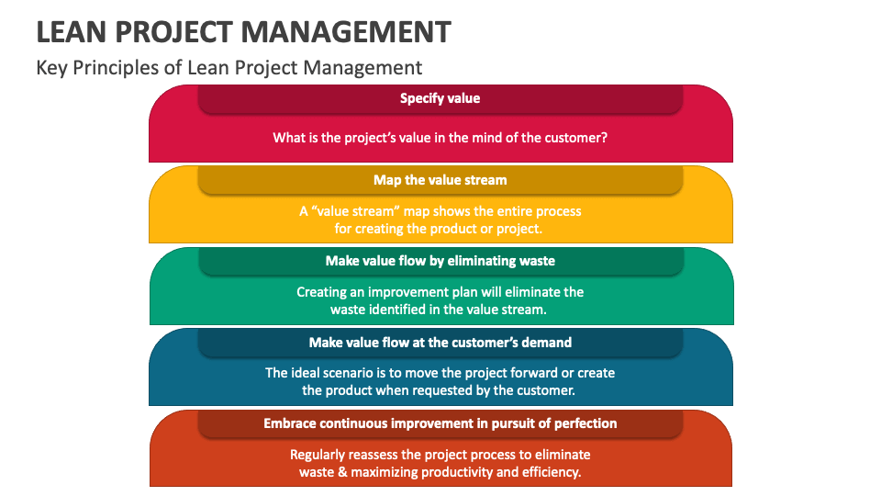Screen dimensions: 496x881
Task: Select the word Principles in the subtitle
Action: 124,68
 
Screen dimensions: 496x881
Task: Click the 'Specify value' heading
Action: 440,98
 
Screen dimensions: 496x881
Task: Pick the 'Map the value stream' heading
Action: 440,180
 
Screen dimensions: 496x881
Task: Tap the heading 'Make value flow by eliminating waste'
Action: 440,261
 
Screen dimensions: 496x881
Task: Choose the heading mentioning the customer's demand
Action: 440,343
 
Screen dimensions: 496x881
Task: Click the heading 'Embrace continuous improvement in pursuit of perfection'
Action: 440,423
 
